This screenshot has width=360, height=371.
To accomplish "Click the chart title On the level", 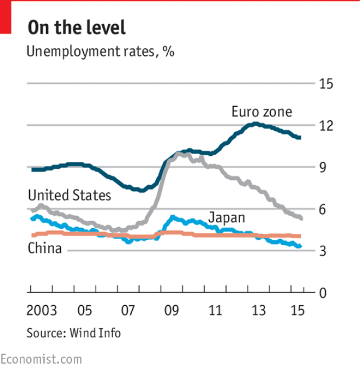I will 76,28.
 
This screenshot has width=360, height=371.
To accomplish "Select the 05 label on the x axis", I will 84,311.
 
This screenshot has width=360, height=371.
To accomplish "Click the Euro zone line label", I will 262,112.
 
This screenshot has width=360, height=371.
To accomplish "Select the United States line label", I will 69,195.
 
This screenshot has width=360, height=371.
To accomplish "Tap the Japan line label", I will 227,217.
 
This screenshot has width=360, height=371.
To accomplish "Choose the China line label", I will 44,248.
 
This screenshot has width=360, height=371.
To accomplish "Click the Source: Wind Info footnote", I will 74,333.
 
